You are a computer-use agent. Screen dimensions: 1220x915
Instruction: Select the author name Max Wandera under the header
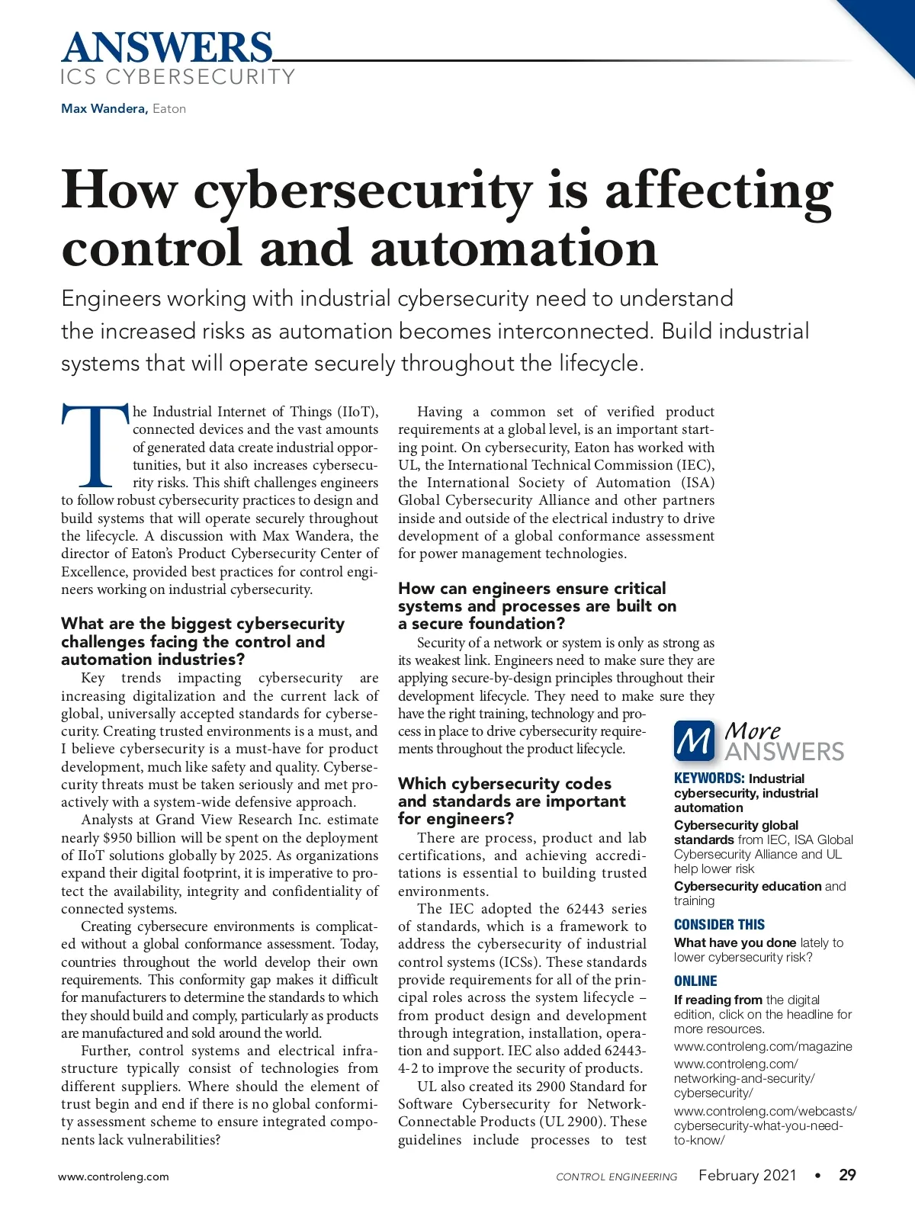pyautogui.click(x=104, y=108)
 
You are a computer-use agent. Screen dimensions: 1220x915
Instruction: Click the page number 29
pyautogui.click(x=847, y=1175)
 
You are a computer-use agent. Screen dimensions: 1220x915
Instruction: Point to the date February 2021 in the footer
pyautogui.click(x=747, y=1175)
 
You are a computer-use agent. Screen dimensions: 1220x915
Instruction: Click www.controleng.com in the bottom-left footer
pyautogui.click(x=114, y=1177)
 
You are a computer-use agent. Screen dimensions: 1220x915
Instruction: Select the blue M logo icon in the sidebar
pyautogui.click(x=694, y=741)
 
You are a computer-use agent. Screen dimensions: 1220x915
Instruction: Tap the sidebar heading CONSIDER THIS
pyautogui.click(x=719, y=924)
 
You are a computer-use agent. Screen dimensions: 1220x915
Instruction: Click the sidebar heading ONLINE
pyautogui.click(x=695, y=981)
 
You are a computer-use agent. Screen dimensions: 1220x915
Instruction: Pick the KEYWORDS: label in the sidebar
pyautogui.click(x=709, y=779)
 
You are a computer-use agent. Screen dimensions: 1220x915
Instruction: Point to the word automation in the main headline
pyautogui.click(x=513, y=249)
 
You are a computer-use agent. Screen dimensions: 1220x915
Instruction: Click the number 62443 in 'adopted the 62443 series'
pyautogui.click(x=586, y=909)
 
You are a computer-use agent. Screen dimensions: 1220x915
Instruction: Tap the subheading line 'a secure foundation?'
pyautogui.click(x=481, y=624)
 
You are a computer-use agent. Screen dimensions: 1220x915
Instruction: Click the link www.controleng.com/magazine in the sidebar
pyautogui.click(x=762, y=1046)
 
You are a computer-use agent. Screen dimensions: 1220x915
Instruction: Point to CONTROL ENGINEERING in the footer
pyautogui.click(x=616, y=1177)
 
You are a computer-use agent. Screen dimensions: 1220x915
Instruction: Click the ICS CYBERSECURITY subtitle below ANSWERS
pyautogui.click(x=178, y=77)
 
